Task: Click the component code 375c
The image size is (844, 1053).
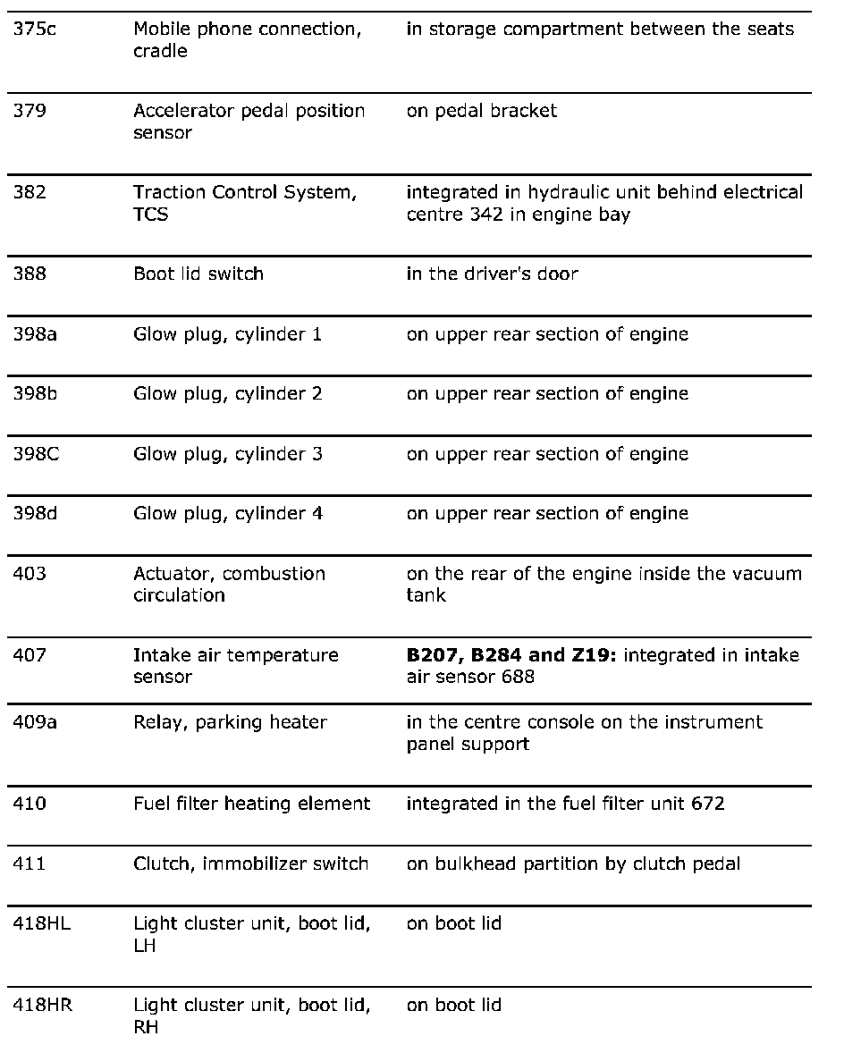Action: coord(33,29)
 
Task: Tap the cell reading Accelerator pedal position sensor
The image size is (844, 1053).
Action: coord(249,122)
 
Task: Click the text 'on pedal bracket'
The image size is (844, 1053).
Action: coord(481,111)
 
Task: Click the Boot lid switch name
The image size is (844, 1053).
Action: coord(198,274)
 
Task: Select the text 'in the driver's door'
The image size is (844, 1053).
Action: coord(492,274)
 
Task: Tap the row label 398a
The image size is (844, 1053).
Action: coord(33,334)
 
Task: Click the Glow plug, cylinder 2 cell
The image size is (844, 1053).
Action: coord(227,394)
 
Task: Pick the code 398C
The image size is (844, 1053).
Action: coord(36,454)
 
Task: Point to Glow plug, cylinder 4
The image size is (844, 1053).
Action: coord(227,514)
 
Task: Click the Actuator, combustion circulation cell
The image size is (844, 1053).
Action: coord(229,584)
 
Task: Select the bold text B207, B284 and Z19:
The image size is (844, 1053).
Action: coord(511,655)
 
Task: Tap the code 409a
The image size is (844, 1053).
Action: coord(34,722)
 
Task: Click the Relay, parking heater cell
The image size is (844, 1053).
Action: coord(230,722)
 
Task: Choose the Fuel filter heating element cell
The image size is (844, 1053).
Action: coord(251,804)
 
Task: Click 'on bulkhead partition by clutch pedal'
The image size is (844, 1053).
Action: coord(573,863)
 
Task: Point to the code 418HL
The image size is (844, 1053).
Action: coord(42,923)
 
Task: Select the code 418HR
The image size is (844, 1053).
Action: coord(43,1006)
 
